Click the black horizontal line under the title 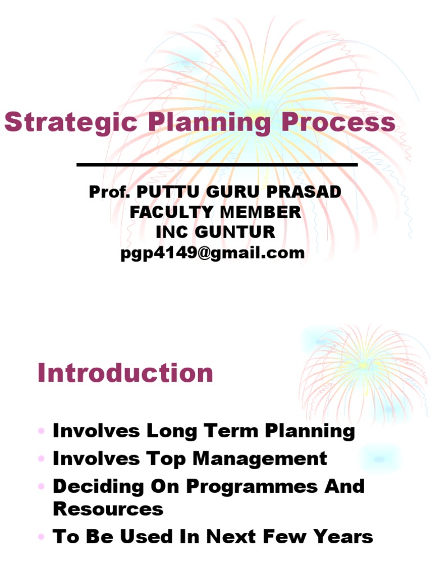(x=217, y=165)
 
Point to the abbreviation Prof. (x=109, y=192)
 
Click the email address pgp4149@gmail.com (x=213, y=253)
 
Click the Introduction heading (x=125, y=373)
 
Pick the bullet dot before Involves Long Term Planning (x=42, y=432)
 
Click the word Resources (x=108, y=508)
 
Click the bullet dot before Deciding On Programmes (x=42, y=487)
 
